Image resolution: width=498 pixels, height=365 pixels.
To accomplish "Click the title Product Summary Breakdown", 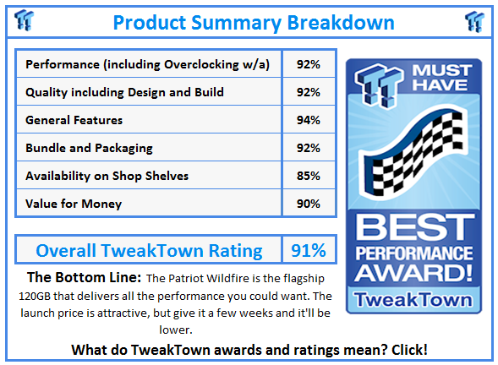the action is click(x=254, y=23).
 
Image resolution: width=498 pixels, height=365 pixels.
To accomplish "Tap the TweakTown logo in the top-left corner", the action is click(x=25, y=20).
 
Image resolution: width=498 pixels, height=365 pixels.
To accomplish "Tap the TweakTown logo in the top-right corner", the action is click(x=474, y=22).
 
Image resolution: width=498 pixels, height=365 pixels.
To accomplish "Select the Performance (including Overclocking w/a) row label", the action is click(x=147, y=64).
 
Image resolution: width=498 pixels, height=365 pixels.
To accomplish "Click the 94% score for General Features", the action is click(x=309, y=120).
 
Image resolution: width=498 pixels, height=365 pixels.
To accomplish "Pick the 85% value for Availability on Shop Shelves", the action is click(x=309, y=176).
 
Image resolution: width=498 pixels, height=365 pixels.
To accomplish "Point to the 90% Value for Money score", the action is click(x=309, y=204).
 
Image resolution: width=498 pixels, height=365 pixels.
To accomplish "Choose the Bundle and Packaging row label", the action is click(x=89, y=148).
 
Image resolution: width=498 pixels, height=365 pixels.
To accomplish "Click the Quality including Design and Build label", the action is click(x=124, y=92).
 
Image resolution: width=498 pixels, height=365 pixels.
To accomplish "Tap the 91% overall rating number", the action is click(x=309, y=250).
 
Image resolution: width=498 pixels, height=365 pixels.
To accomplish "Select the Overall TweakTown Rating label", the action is click(x=149, y=250).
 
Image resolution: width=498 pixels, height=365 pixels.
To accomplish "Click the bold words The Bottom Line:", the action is click(x=84, y=277).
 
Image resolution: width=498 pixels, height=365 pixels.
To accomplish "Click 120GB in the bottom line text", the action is click(x=35, y=296).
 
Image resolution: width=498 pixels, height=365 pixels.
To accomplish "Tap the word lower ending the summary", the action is click(x=176, y=330).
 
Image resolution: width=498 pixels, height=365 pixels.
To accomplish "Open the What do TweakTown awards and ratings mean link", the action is click(x=249, y=350).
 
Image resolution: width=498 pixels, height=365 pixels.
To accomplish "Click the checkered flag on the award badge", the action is click(x=413, y=153).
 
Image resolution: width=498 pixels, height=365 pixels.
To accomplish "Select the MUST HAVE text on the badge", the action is click(x=441, y=78).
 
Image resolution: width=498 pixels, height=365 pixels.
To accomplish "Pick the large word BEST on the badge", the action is click(x=414, y=227).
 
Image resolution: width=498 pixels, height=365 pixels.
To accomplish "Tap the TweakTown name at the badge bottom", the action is click(x=413, y=300).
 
